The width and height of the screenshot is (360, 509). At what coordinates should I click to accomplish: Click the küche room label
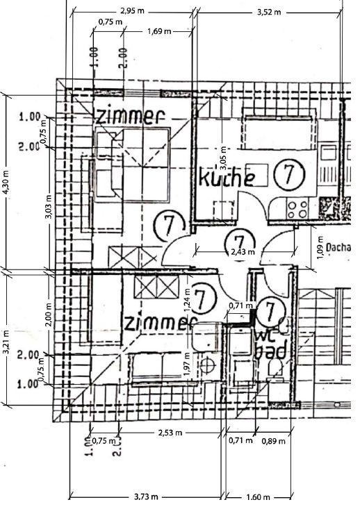(x=227, y=178)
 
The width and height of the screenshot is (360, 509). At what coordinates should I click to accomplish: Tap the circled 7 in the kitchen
(x=286, y=174)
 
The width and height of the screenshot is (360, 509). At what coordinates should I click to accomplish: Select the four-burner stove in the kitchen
(x=297, y=206)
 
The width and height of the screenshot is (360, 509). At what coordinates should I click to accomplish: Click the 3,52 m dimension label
(x=269, y=12)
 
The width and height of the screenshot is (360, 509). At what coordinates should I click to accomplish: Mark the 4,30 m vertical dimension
(x=6, y=183)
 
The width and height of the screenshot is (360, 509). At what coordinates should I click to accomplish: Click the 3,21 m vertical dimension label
(x=6, y=340)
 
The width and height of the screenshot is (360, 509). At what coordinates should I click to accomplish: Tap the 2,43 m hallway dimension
(x=242, y=252)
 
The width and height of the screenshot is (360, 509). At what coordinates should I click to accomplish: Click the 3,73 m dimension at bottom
(x=145, y=497)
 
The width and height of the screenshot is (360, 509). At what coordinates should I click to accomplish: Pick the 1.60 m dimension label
(x=258, y=497)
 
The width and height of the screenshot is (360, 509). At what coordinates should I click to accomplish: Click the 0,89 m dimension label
(x=273, y=440)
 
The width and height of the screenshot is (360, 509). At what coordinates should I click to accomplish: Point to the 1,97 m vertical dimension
(x=187, y=364)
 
